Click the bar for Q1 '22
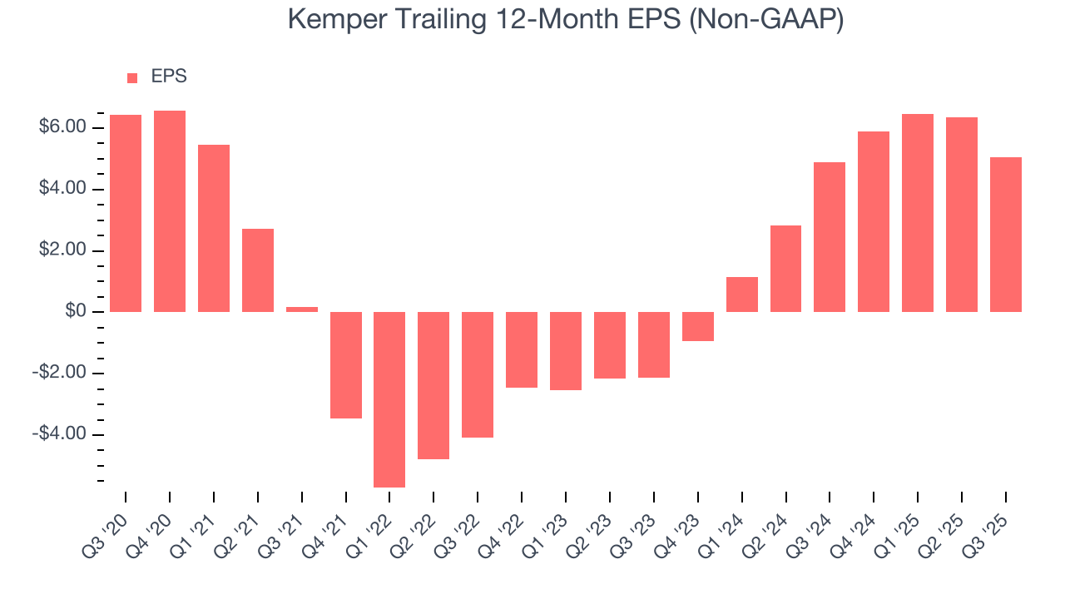point(389,399)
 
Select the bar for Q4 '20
point(170,211)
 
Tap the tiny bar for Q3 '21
point(302,309)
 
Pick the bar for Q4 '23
point(698,326)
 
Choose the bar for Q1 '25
point(918,213)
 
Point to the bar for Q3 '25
point(1006,235)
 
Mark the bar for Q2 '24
point(785,269)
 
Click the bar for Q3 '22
point(478,374)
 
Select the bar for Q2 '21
point(258,270)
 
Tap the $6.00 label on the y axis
point(63,127)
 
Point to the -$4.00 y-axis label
point(61,434)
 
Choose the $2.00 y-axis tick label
point(63,250)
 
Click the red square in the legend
point(132,78)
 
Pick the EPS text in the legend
point(169,77)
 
